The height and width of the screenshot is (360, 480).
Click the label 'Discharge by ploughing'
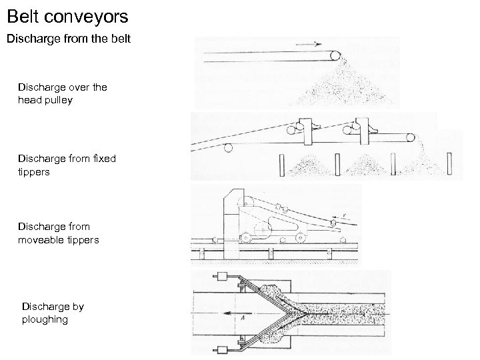tap(53, 313)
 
